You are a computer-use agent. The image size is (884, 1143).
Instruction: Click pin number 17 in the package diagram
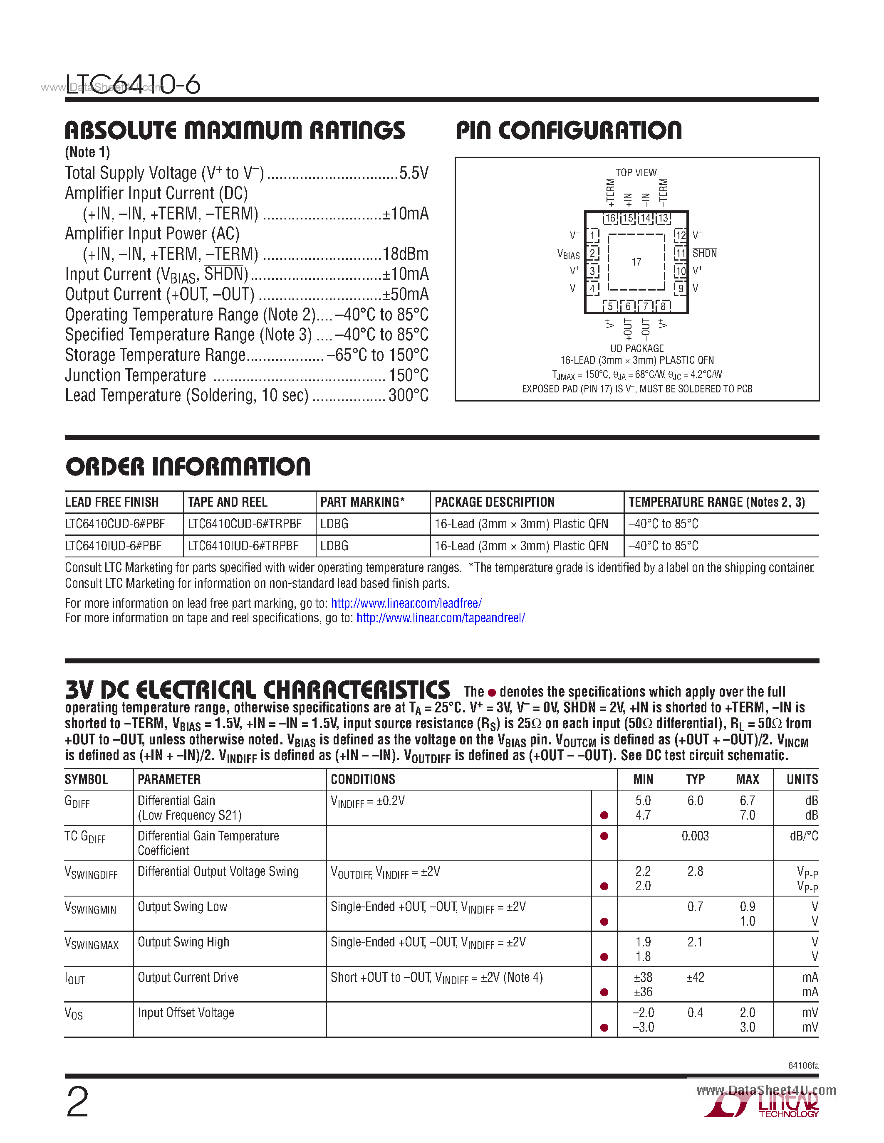click(636, 262)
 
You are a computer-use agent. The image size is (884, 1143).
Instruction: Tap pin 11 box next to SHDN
click(680, 253)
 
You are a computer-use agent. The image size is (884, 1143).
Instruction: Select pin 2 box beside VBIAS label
click(592, 253)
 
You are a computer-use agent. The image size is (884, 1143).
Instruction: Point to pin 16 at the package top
click(610, 218)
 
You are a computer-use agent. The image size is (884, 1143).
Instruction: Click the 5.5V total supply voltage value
click(414, 173)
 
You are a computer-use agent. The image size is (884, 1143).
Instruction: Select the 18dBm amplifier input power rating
click(405, 254)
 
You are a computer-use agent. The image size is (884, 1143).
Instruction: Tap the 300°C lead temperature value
click(409, 396)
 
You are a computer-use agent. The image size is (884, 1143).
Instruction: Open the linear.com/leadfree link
click(406, 603)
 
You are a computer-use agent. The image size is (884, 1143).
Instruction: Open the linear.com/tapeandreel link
click(441, 618)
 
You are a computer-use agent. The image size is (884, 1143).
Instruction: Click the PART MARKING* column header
click(362, 503)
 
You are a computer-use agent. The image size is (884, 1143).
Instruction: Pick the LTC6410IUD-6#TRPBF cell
click(243, 546)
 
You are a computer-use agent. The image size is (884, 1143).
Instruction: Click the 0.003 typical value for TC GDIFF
click(695, 836)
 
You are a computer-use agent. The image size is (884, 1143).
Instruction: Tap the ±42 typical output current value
click(695, 977)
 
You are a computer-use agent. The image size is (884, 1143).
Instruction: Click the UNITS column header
click(802, 779)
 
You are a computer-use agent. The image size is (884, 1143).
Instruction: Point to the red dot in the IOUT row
click(604, 992)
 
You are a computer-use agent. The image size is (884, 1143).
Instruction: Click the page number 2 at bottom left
click(77, 1103)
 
